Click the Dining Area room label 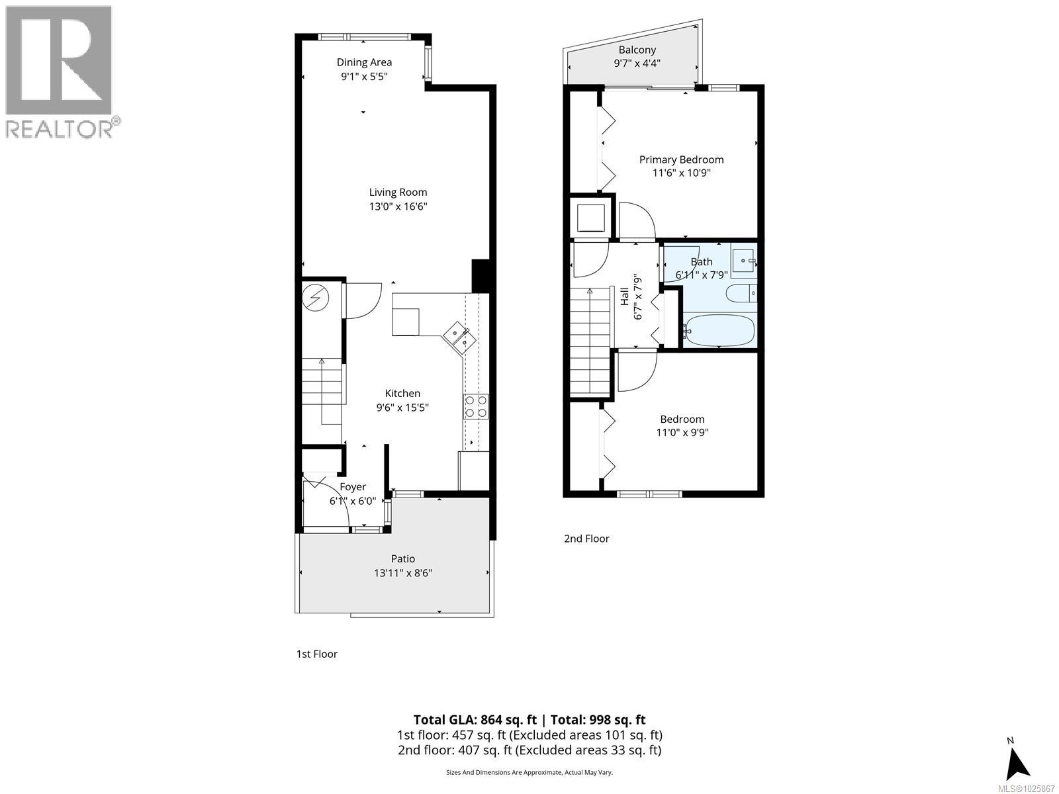(x=364, y=62)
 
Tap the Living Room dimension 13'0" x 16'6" (x=398, y=206)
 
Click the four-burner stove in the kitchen (x=476, y=406)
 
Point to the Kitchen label (x=402, y=393)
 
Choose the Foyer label (x=353, y=487)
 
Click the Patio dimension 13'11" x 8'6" (x=402, y=573)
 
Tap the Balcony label (x=637, y=50)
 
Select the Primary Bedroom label (x=681, y=159)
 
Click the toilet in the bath (x=741, y=292)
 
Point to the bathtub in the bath (x=719, y=330)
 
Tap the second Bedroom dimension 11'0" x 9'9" (x=682, y=433)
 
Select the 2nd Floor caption (x=586, y=539)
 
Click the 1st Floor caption (x=316, y=654)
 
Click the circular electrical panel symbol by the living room (x=316, y=298)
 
